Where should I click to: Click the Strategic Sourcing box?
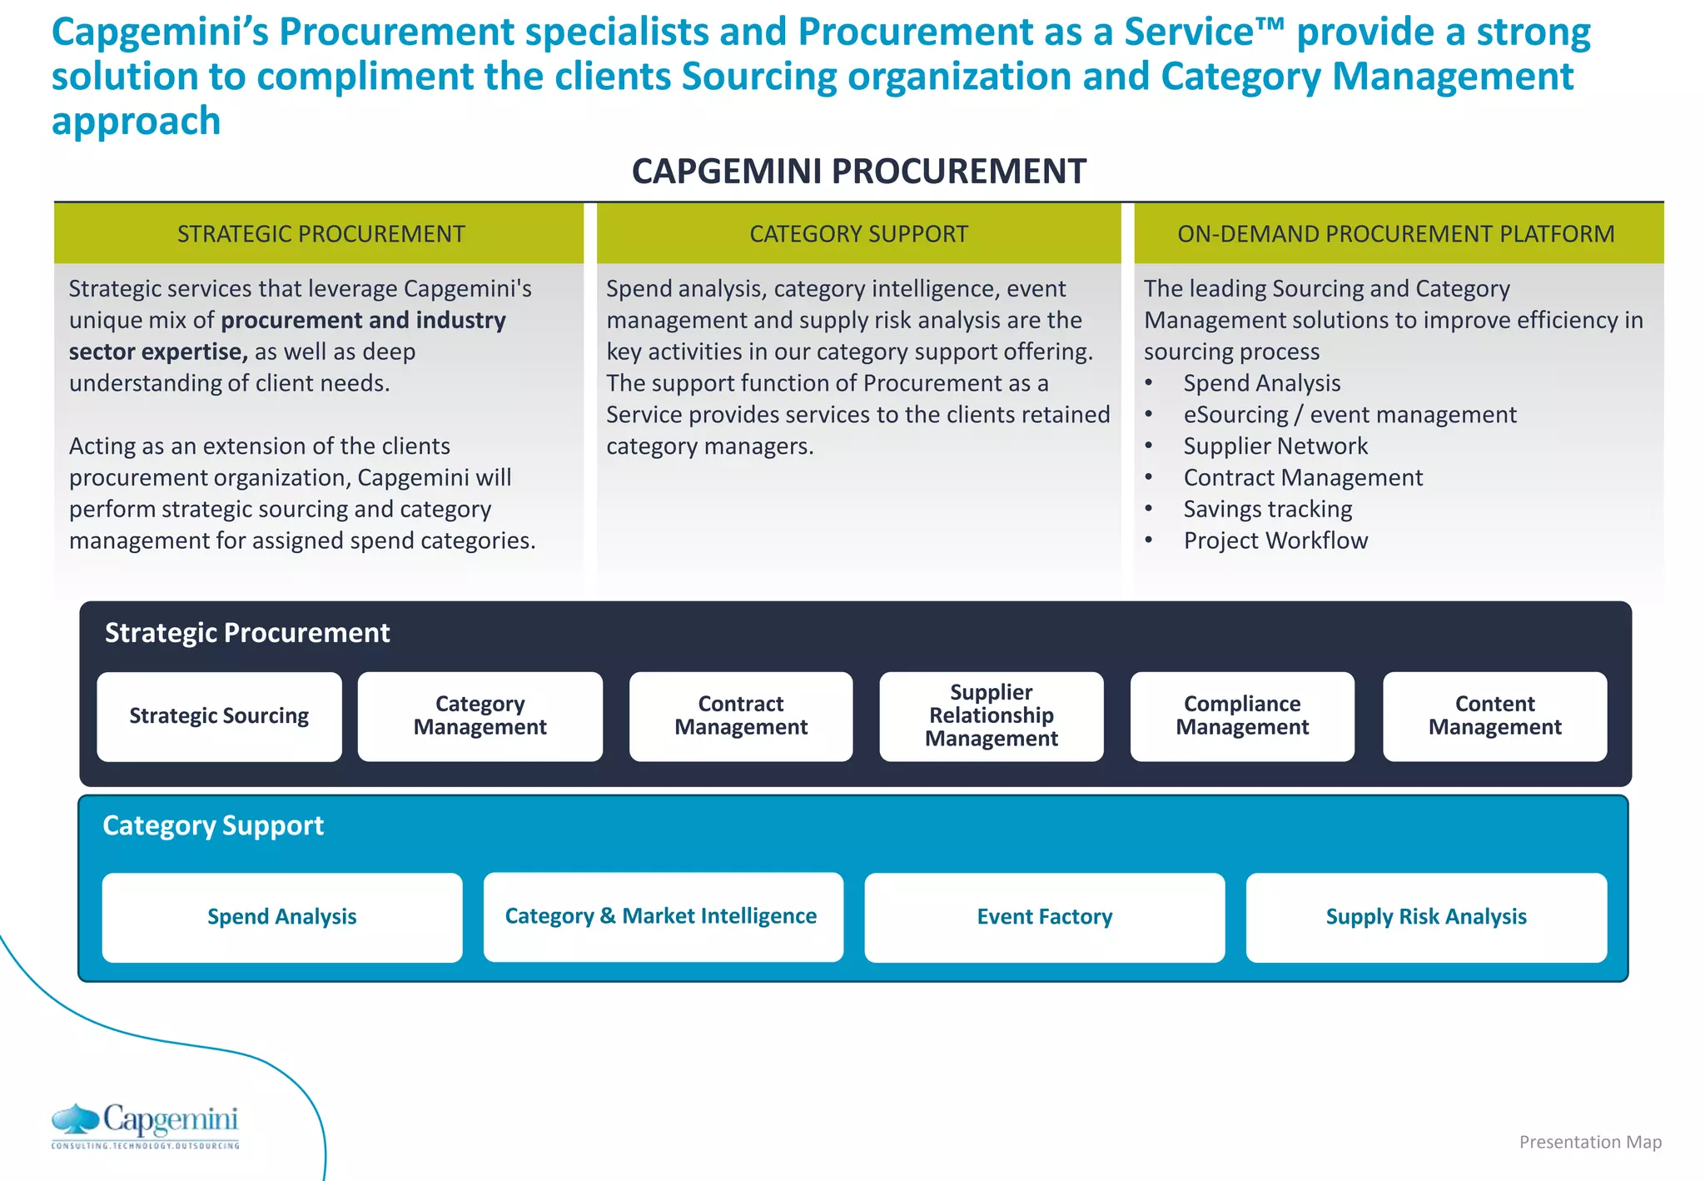(219, 716)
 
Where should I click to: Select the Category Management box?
(480, 716)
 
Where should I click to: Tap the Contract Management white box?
(740, 716)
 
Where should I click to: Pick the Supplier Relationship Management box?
(991, 716)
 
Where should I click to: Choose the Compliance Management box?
(1241, 716)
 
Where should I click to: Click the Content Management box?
(1494, 716)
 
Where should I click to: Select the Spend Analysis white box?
(281, 917)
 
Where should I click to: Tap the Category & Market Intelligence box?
(663, 917)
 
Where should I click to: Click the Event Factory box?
(1044, 917)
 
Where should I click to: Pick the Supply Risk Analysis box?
(1425, 917)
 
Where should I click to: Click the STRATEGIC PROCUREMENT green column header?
(320, 234)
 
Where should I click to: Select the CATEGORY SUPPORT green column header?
(858, 234)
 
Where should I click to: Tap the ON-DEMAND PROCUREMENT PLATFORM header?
(1396, 234)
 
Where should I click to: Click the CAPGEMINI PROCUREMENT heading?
(858, 172)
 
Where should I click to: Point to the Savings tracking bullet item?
(1267, 509)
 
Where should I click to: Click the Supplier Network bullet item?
(1275, 446)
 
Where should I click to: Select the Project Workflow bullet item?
(1275, 541)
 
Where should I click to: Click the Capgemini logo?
(146, 1126)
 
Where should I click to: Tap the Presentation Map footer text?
(1589, 1142)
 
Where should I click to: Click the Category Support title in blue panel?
(213, 825)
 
